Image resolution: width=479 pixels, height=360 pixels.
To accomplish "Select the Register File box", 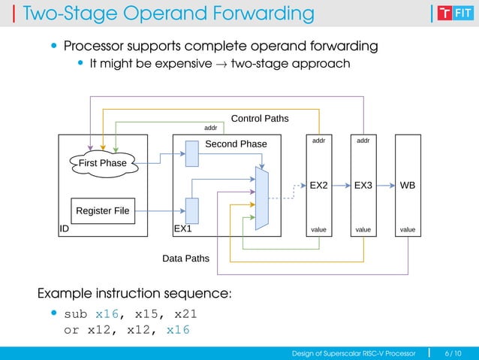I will [102, 210].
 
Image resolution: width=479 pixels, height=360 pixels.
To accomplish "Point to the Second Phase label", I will [236, 144].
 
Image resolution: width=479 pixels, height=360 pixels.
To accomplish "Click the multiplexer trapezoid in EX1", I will [262, 198].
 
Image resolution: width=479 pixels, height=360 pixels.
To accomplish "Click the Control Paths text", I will [259, 119].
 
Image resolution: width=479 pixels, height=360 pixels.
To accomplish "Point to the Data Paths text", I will [185, 259].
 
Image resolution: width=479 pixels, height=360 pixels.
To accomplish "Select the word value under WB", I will [408, 229].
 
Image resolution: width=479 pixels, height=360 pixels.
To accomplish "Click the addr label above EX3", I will [363, 141].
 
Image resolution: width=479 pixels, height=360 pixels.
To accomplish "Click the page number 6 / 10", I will [453, 353].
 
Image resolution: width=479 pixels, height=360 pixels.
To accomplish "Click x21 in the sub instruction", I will [185, 313].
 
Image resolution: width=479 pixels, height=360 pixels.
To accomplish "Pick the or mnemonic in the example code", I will [71, 330].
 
